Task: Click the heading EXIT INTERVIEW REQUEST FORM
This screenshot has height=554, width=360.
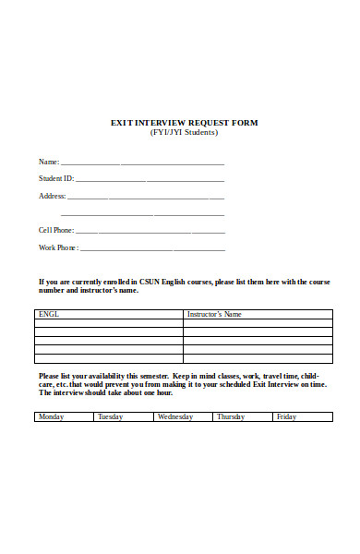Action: pos(184,123)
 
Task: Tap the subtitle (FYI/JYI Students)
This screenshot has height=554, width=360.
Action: pos(184,132)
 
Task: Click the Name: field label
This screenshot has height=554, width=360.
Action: pos(48,163)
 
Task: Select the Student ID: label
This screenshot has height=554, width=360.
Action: pos(55,179)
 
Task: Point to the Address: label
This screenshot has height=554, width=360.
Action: pos(52,196)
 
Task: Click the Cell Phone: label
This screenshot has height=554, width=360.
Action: pos(55,230)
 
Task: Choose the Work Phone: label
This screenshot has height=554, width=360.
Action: pos(58,247)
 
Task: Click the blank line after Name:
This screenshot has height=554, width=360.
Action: pos(142,163)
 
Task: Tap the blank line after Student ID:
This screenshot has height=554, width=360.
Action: pos(150,180)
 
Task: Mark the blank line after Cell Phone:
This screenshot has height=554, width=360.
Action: pos(150,231)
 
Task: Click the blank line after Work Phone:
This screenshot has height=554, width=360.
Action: pos(152,248)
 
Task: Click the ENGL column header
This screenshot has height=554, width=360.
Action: pos(48,315)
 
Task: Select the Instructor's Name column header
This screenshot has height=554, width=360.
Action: pos(214,315)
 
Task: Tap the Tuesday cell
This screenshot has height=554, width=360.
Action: pos(110,417)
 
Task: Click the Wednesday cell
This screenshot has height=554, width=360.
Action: pos(175,417)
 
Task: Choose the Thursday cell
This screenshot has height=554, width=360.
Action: pos(231,417)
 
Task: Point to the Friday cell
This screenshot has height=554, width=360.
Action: pos(286,417)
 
